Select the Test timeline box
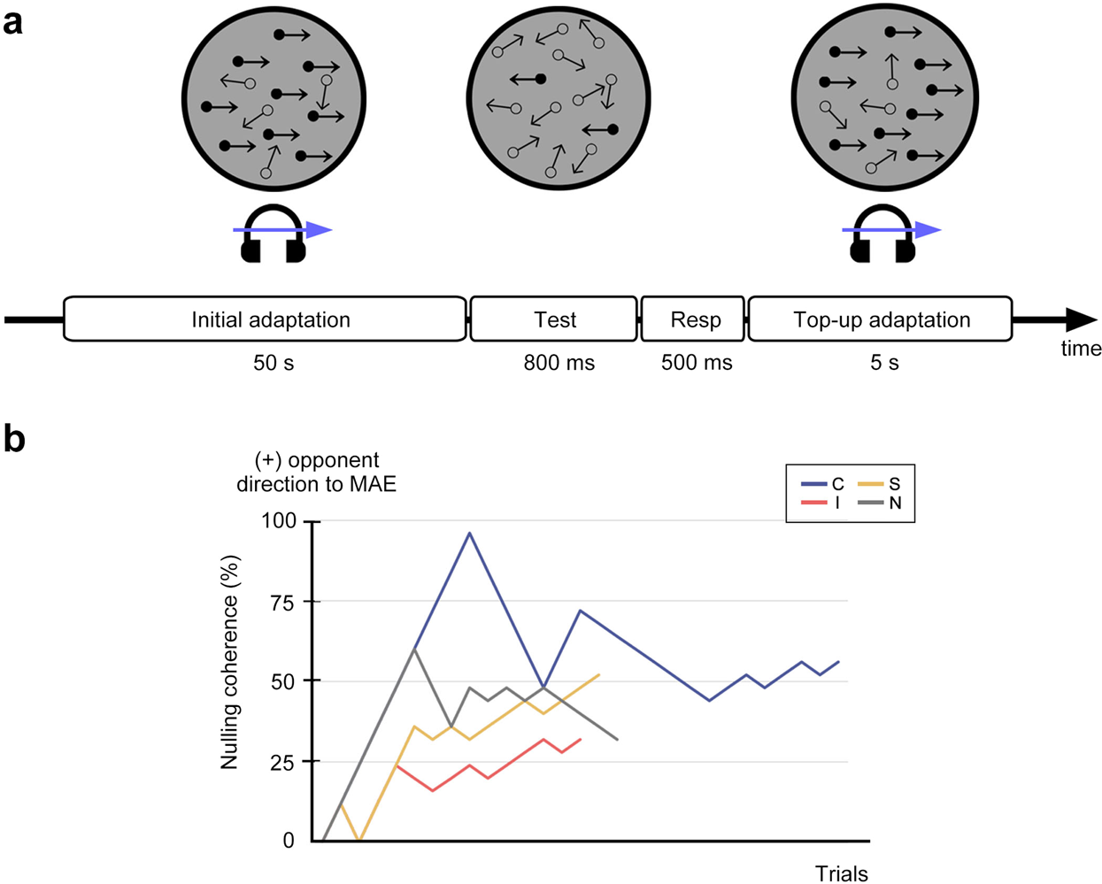coord(554,319)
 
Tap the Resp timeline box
coord(694,319)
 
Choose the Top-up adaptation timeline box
coord(880,319)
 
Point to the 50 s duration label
coord(273,363)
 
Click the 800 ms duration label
coord(559,363)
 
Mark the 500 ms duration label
coord(697,363)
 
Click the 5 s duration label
coord(883,363)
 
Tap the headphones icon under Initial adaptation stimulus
coord(274,234)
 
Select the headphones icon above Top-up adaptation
coord(882,234)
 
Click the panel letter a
coord(12,21)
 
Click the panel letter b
coord(14,438)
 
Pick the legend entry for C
coord(822,484)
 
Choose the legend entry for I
coord(822,503)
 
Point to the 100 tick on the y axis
coord(278,521)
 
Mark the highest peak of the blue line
coord(469,533)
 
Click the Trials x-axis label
coord(841,873)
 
